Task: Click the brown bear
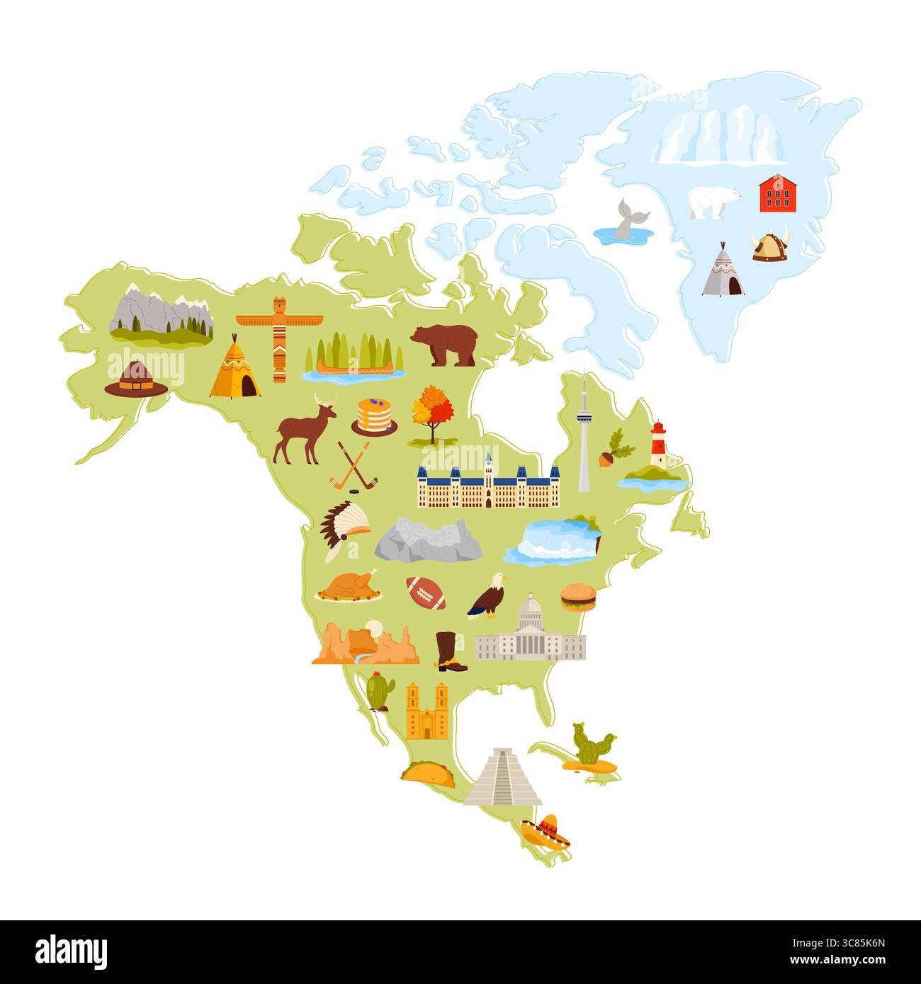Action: tap(445, 345)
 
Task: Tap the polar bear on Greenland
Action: tap(714, 202)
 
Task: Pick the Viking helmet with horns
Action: tap(769, 245)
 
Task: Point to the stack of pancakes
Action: tap(374, 416)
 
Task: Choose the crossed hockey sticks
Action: tap(354, 466)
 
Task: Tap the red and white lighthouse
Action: tap(658, 445)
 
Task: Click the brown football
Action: tap(426, 593)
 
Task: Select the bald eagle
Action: tap(489, 595)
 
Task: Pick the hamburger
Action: tap(578, 597)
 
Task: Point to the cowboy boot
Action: tap(448, 651)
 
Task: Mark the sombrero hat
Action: tap(546, 831)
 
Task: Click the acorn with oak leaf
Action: tap(611, 449)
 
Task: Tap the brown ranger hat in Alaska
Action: tap(136, 379)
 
